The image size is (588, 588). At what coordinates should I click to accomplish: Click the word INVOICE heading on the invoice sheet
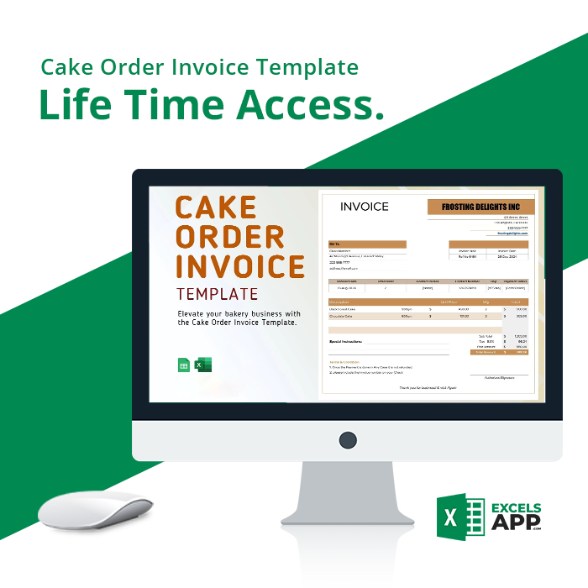point(365,207)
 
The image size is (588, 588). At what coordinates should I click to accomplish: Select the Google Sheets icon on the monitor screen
point(184,365)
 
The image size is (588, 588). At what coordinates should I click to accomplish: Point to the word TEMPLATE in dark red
point(217,294)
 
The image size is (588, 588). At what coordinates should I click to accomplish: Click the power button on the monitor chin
point(348,439)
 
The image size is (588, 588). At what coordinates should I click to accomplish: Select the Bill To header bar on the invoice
point(367,245)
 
